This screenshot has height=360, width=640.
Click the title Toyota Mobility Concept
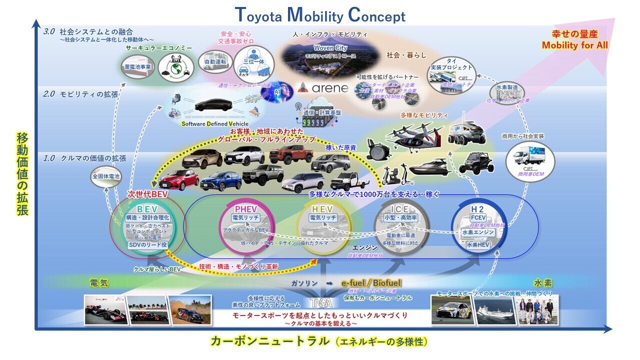click(319, 15)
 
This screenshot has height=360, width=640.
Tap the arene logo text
click(323, 89)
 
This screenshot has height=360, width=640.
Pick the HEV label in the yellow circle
click(323, 209)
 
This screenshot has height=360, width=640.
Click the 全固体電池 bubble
click(106, 176)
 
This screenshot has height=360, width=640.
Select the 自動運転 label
click(215, 62)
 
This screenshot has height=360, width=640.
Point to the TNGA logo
click(319, 303)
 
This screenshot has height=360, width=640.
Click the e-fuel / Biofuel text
click(371, 283)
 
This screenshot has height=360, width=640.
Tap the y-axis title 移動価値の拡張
click(22, 174)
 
